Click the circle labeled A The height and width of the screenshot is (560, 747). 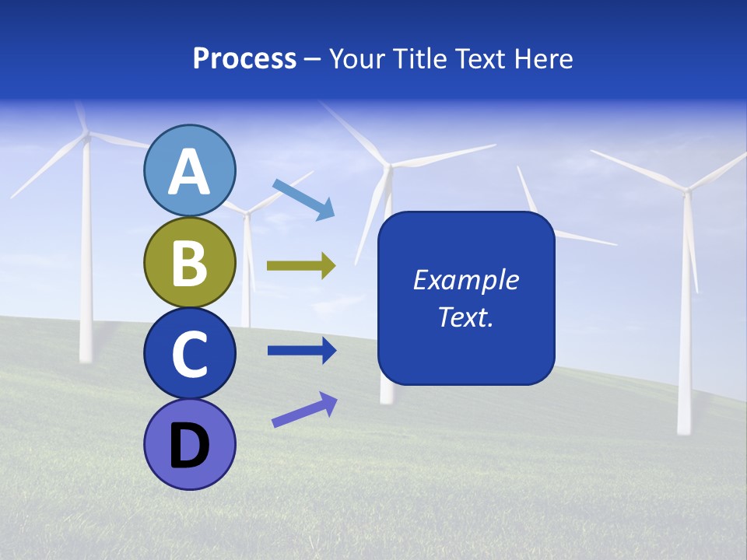pos(189,170)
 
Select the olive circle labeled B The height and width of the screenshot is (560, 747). pos(189,262)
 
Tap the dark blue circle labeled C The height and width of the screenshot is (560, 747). pos(189,353)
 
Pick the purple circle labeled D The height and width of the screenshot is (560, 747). pos(189,444)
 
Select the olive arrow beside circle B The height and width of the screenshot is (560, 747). pos(301,266)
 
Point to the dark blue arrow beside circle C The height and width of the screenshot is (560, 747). pos(301,351)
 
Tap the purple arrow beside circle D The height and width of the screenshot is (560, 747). pos(304,410)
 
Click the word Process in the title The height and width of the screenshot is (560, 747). pos(244,58)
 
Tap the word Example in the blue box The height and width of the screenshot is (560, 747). pos(465,280)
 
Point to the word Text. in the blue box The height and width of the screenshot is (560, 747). pos(465,317)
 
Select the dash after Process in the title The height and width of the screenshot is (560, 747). pos(313,59)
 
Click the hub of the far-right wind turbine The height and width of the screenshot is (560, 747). pos(686,189)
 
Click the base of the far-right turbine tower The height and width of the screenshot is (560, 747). pos(685,428)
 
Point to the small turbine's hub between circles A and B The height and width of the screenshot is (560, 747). pos(247,211)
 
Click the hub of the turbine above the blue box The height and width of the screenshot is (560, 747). pos(387,165)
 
